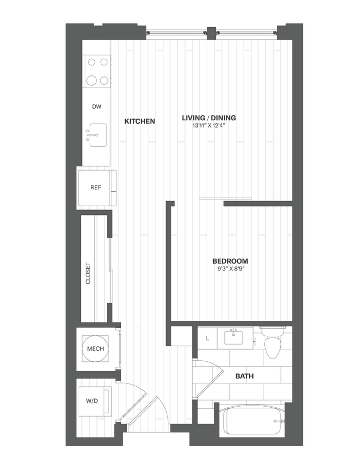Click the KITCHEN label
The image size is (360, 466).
[x=140, y=121]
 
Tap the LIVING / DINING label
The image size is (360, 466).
[x=209, y=117]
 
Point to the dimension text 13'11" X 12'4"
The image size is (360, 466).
[x=209, y=126]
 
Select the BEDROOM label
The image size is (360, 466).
[x=230, y=261]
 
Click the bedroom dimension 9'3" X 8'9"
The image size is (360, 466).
[x=230, y=269]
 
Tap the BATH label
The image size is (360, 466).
[x=244, y=376]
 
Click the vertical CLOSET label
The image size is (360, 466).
[x=88, y=273]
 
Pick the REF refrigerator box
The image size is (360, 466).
[x=96, y=188]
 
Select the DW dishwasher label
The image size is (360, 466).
[x=96, y=106]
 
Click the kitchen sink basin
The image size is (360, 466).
[x=98, y=135]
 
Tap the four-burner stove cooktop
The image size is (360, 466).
[x=96, y=72]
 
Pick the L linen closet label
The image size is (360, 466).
[x=207, y=337]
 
